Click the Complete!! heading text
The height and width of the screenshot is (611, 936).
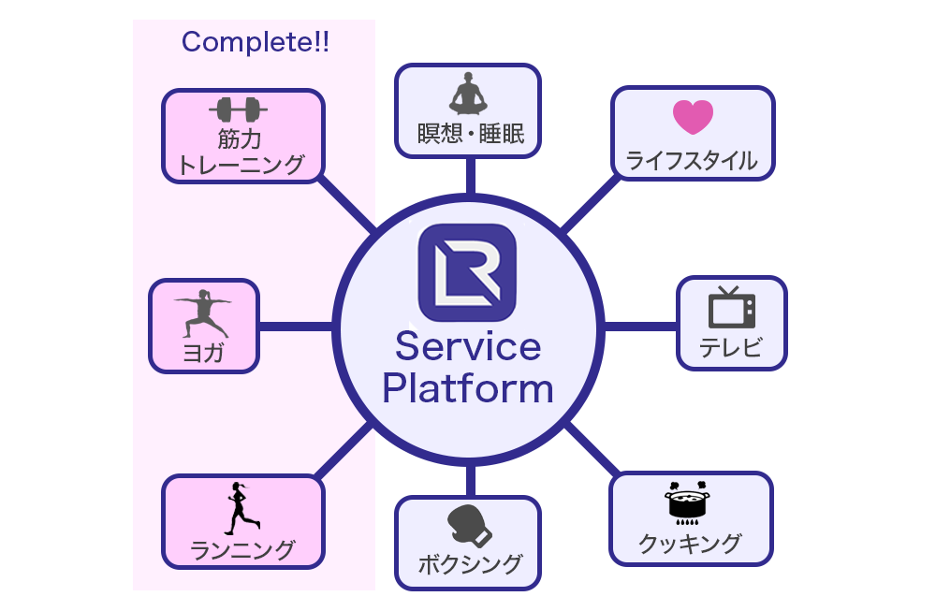point(255,42)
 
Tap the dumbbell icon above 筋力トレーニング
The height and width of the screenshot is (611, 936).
point(238,110)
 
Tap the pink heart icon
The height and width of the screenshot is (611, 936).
point(693,117)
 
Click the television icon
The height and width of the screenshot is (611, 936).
point(731,308)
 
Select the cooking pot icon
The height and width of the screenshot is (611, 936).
point(690,503)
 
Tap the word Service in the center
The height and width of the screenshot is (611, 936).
point(468,347)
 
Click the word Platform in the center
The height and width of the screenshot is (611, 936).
point(468,387)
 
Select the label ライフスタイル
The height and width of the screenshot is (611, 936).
point(692,160)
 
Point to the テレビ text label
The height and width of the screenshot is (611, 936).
point(731,350)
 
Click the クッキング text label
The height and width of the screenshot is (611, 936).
point(691,543)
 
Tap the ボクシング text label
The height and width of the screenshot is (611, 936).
point(468,564)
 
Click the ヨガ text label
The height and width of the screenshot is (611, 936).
point(203,354)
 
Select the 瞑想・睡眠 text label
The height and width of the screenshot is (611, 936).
point(467,137)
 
